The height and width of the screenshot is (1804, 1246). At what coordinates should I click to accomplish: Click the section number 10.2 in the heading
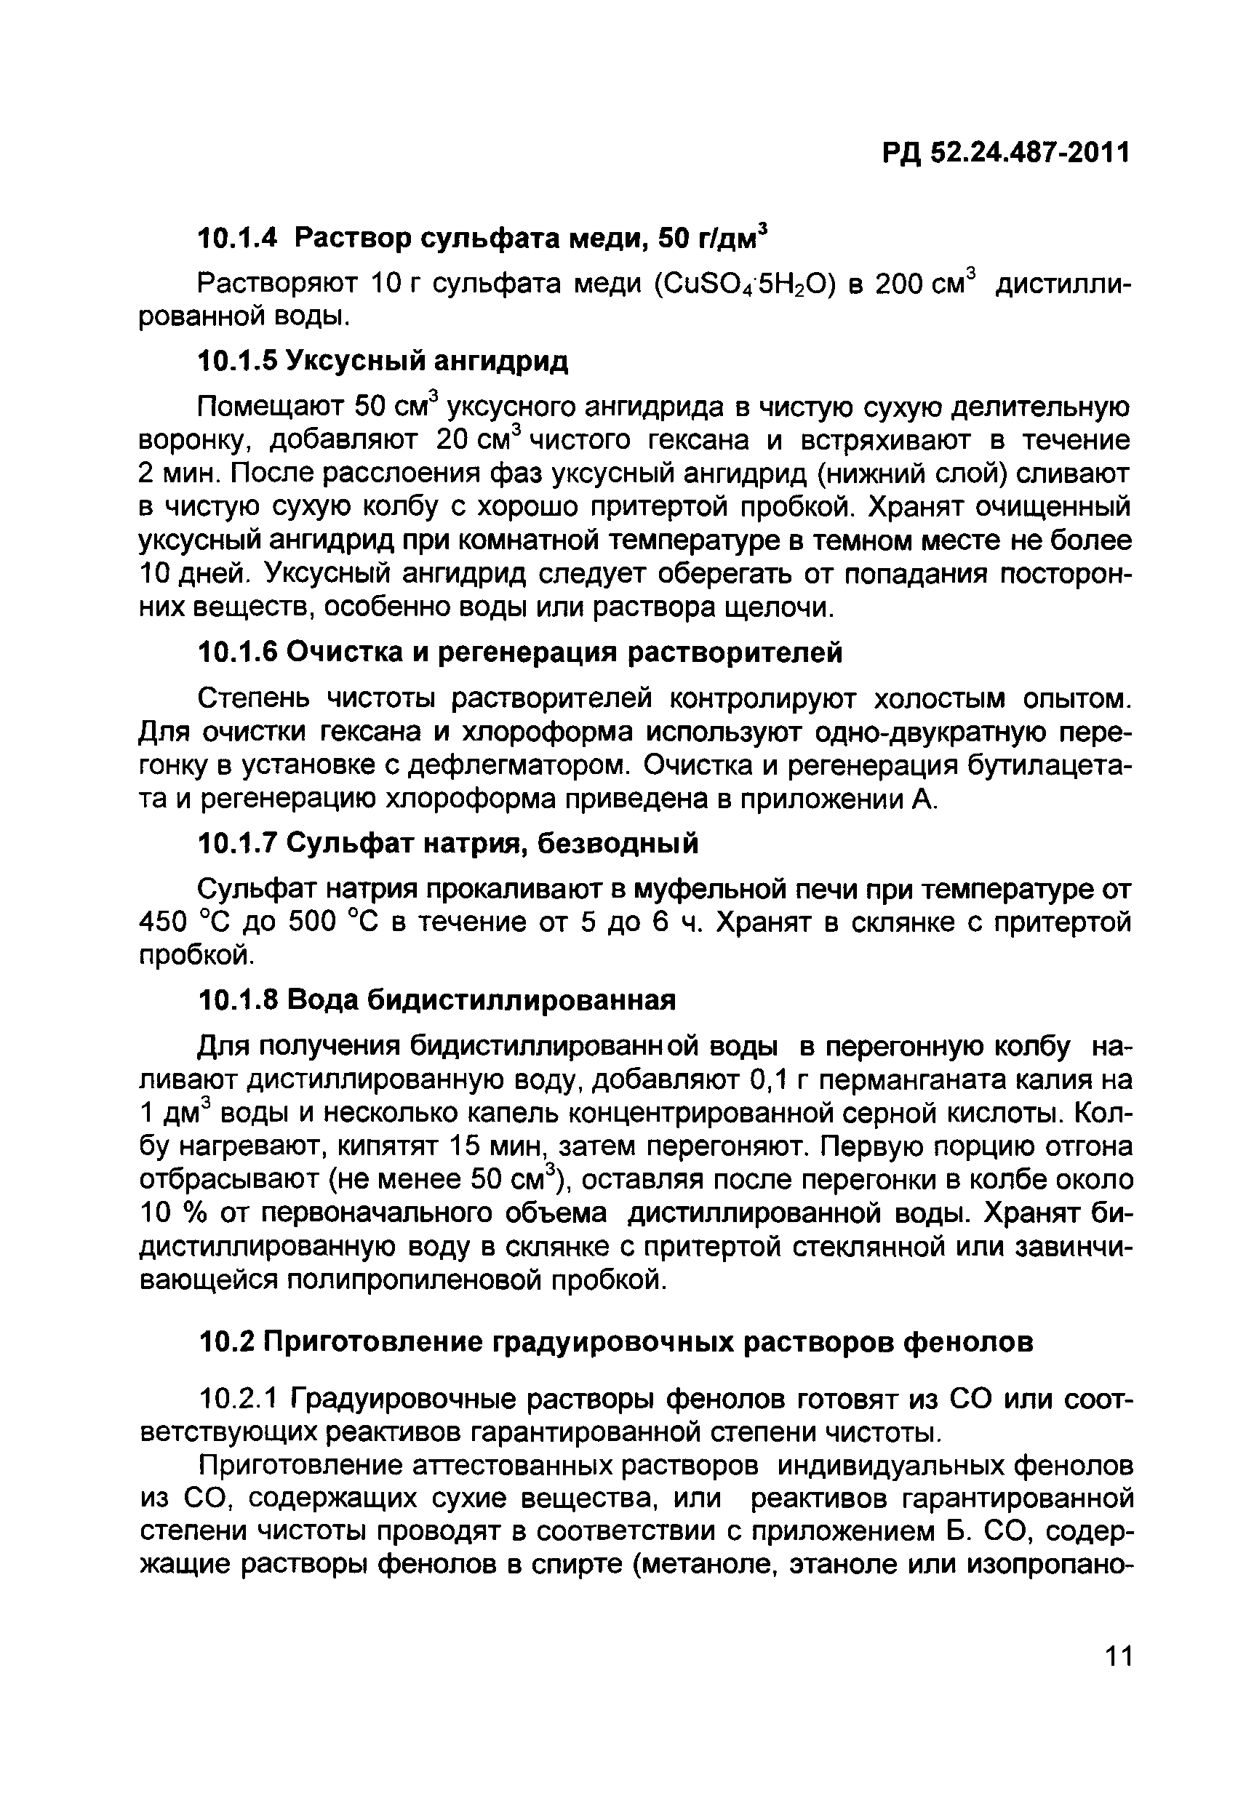click(225, 1342)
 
